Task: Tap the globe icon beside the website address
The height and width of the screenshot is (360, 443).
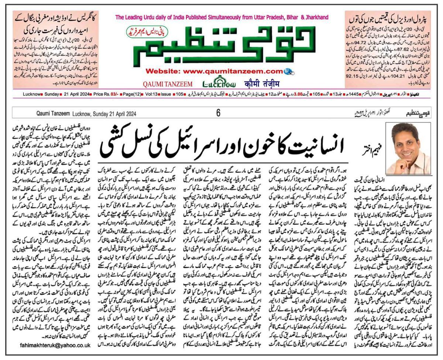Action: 290,71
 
